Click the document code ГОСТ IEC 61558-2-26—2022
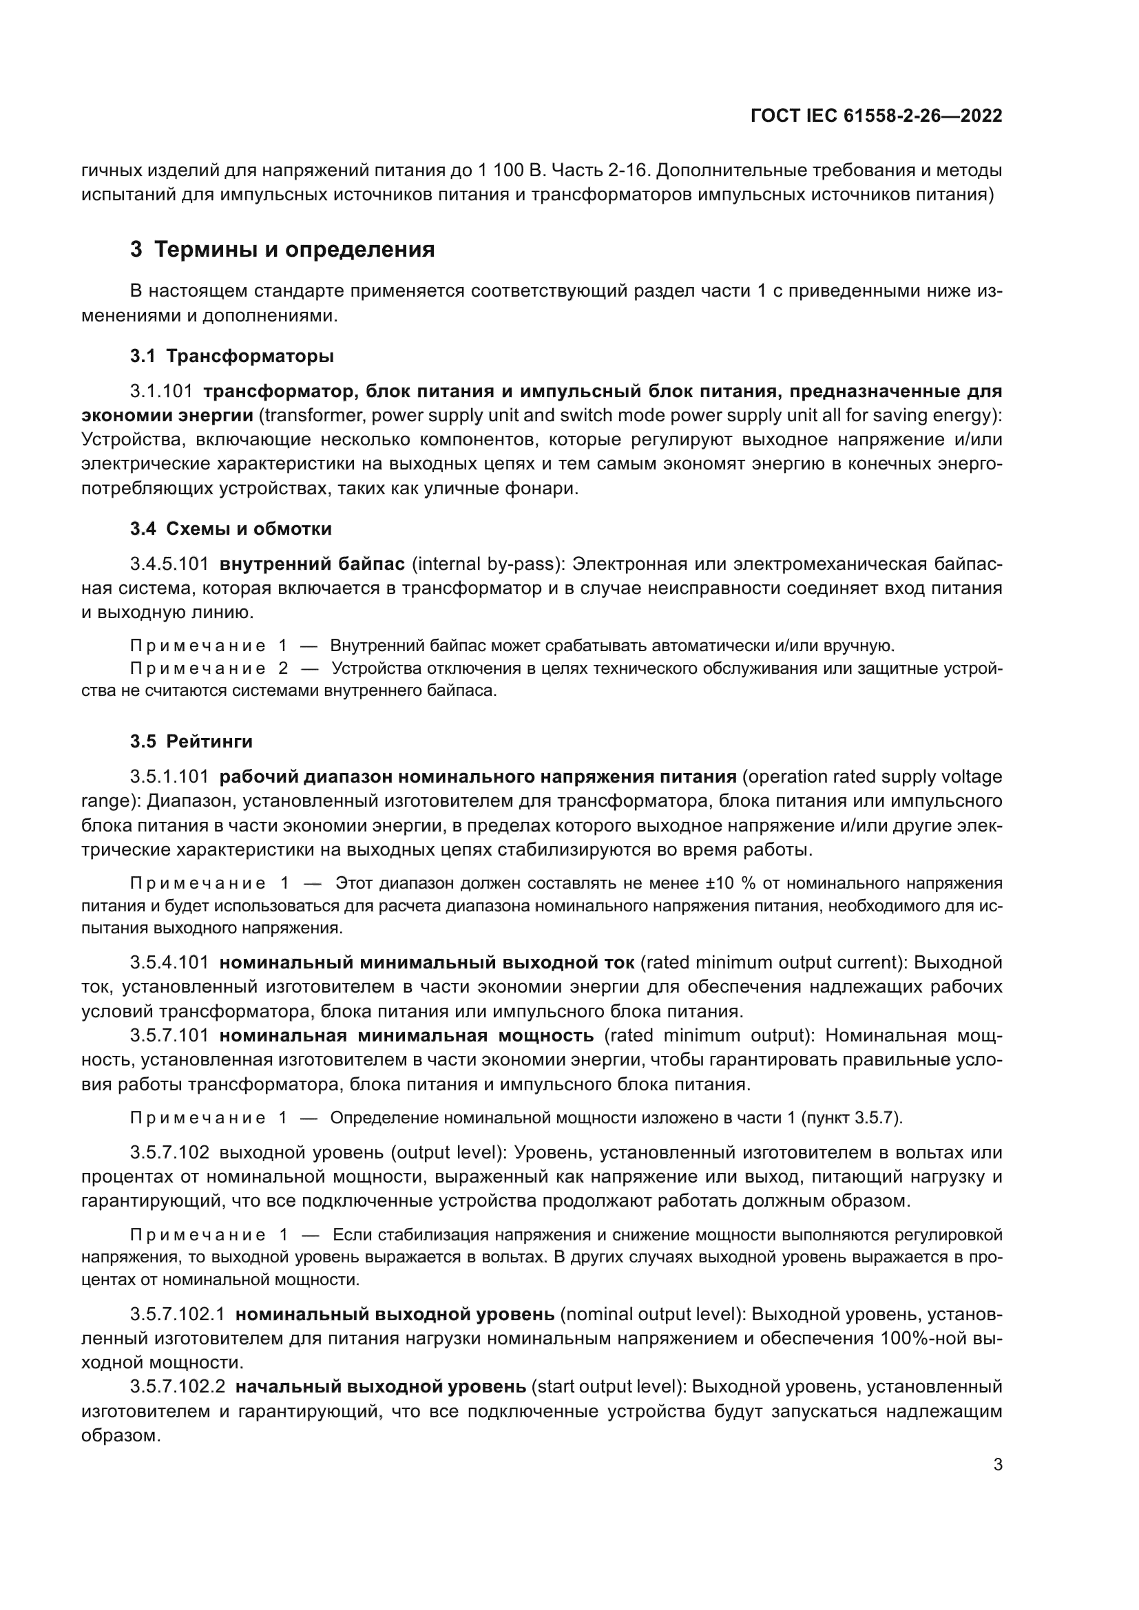pyautogui.click(x=876, y=116)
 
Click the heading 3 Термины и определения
pyautogui.click(x=282, y=250)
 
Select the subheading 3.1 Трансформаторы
pyautogui.click(x=231, y=357)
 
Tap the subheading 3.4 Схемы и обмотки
pyautogui.click(x=231, y=529)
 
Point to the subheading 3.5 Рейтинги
pyautogui.click(x=191, y=741)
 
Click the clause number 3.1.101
pyautogui.click(x=160, y=391)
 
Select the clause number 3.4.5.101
pyautogui.click(x=169, y=564)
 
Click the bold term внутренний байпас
pyautogui.click(x=311, y=564)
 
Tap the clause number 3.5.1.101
pyautogui.click(x=169, y=776)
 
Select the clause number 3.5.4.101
pyautogui.click(x=169, y=963)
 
